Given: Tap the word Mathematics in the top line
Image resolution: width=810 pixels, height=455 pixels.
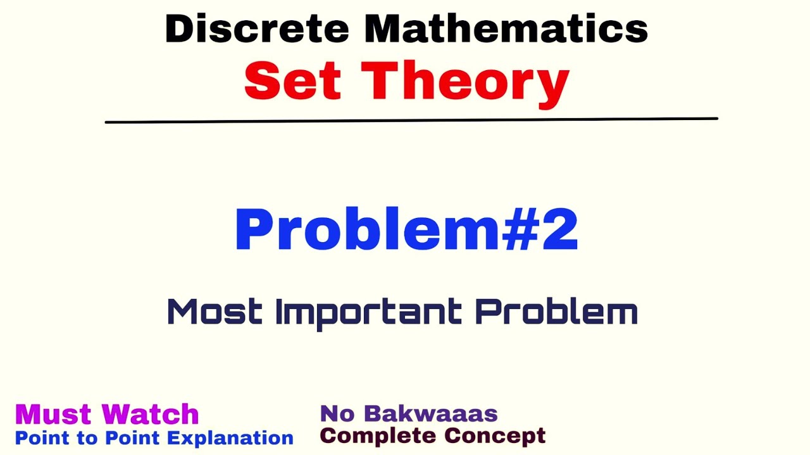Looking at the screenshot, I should tap(506, 28).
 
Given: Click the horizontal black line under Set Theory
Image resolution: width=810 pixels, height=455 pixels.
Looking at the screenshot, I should tap(411, 119).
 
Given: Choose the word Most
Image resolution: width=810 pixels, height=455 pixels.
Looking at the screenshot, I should tap(215, 312).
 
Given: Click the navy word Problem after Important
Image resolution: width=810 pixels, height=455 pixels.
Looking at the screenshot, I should tap(556, 312).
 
